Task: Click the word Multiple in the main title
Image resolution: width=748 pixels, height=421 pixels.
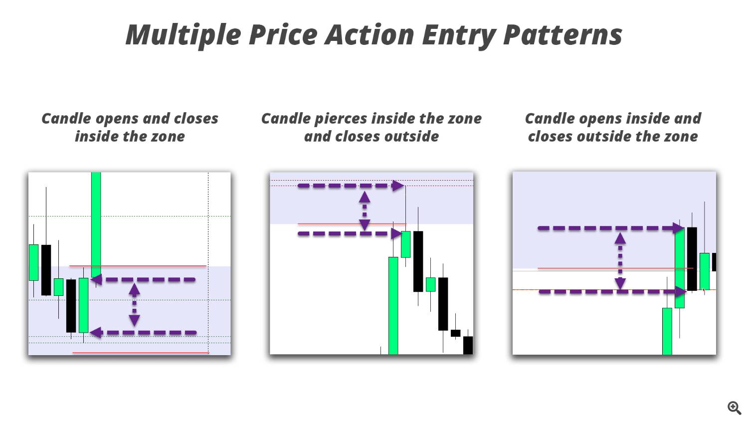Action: tap(183, 35)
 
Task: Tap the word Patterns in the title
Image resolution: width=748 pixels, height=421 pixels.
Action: tap(562, 35)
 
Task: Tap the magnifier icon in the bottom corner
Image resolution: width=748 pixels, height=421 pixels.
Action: tap(734, 408)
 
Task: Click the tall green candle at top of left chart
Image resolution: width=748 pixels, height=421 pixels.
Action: tap(96, 219)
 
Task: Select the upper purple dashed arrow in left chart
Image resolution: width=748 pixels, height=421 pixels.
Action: tap(145, 280)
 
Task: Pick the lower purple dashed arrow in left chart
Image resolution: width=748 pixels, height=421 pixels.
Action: tap(145, 333)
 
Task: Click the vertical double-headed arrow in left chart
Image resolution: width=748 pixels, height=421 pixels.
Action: tap(134, 305)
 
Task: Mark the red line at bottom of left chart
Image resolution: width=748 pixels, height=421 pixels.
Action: tap(141, 353)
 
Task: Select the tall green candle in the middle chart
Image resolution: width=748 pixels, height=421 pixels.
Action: tap(393, 305)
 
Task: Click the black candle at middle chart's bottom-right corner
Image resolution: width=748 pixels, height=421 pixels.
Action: tap(468, 345)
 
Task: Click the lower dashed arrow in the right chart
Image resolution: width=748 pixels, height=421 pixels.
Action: tap(610, 291)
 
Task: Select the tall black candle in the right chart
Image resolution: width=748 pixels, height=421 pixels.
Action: tap(692, 258)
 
